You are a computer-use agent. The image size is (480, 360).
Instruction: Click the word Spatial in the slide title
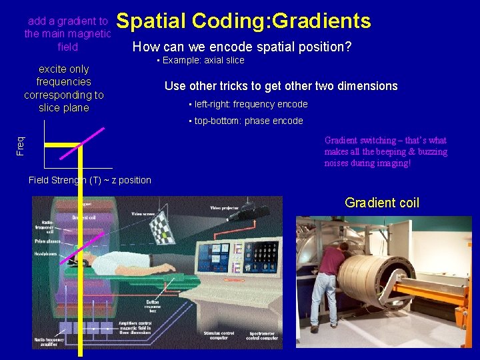pos(151,21)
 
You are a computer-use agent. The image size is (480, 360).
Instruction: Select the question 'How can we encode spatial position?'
pos(242,47)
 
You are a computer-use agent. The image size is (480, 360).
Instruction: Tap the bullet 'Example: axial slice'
pos(200,61)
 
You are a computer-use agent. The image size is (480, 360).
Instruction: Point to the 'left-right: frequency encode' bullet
pos(248,104)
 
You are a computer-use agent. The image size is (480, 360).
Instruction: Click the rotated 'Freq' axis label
pos(21,145)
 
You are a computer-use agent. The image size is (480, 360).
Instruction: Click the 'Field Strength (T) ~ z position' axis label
pos(90,180)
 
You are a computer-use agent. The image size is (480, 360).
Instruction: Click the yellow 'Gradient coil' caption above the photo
pos(382,203)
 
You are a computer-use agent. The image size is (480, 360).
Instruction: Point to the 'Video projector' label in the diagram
pos(225,209)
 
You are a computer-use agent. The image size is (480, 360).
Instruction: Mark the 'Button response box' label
pos(153,307)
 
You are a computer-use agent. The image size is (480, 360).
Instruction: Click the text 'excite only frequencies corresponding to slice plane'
pos(63,88)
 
